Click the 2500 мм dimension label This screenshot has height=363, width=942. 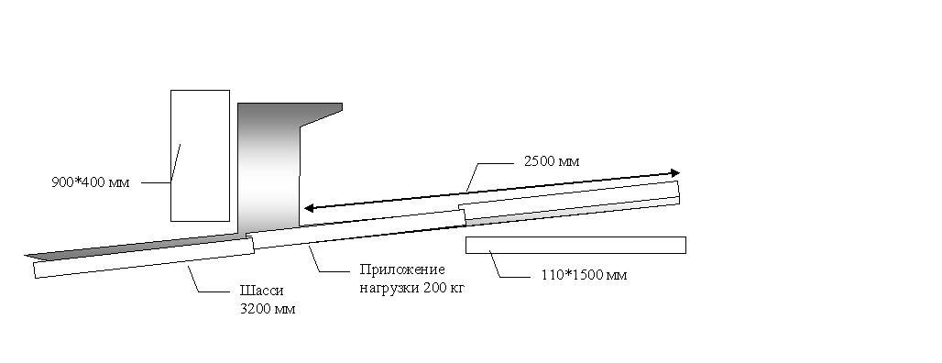click(552, 161)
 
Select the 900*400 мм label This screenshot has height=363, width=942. click(90, 182)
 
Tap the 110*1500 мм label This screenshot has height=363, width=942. click(580, 275)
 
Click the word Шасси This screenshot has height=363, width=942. click(261, 291)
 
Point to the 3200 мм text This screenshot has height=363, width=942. click(268, 310)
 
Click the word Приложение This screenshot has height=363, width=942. click(402, 269)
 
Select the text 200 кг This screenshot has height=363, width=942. click(444, 288)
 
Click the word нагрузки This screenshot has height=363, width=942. click(389, 289)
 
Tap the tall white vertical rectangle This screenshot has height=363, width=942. click(200, 156)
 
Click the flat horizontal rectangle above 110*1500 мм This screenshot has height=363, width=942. click(575, 245)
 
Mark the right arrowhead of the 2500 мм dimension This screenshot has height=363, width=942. click(675, 173)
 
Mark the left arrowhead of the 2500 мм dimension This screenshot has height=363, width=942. click(309, 208)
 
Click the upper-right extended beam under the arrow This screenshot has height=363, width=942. click(570, 200)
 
